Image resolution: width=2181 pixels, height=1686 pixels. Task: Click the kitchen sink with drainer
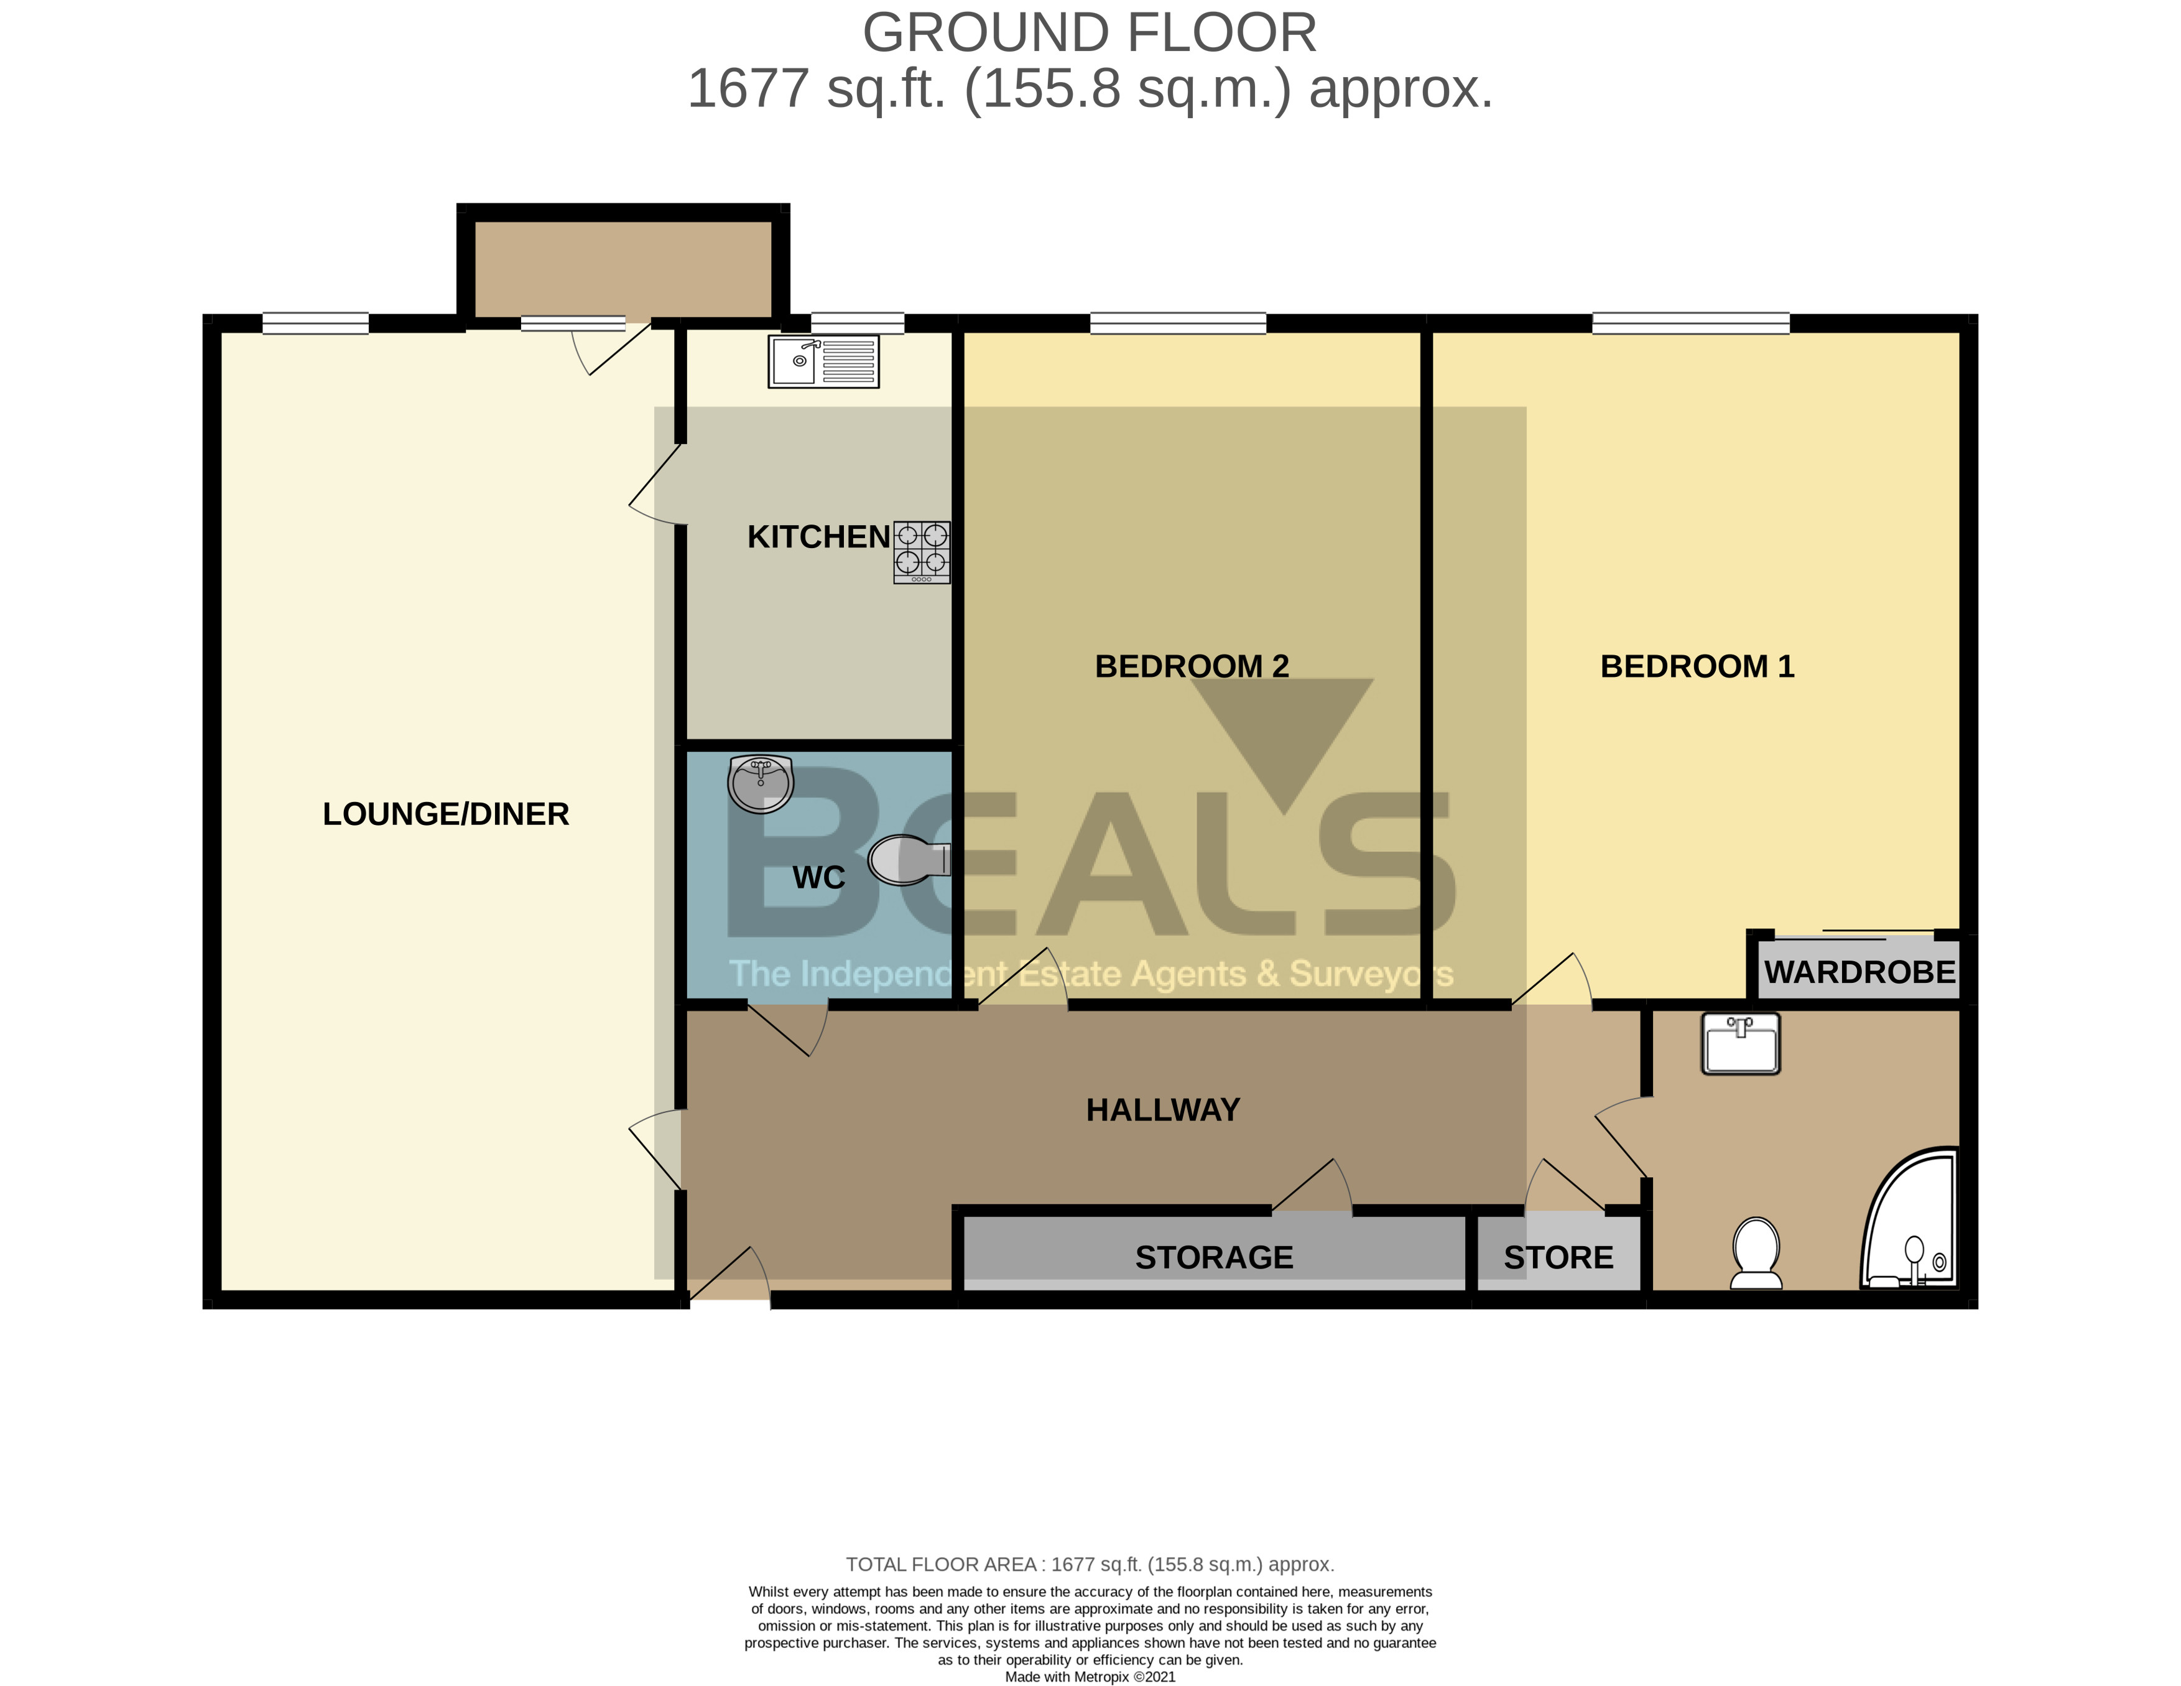point(823,361)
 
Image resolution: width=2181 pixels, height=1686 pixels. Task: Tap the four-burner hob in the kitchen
point(921,552)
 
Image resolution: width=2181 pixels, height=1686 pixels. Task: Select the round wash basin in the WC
point(761,784)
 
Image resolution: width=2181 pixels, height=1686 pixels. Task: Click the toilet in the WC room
point(907,861)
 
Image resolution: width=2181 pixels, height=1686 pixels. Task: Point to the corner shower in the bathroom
point(1911,1221)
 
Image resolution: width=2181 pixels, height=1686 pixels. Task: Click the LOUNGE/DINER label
point(445,814)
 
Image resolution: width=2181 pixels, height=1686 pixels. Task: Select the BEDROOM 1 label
point(1697,666)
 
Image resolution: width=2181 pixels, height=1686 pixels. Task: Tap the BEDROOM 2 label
point(1192,666)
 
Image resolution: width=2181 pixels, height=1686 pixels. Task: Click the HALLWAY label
point(1162,1110)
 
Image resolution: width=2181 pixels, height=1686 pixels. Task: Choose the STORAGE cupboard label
point(1213,1257)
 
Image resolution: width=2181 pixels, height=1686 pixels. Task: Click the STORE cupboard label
point(1558,1257)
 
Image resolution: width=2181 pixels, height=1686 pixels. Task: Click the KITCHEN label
point(818,538)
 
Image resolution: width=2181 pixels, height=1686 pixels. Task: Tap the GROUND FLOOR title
point(1090,33)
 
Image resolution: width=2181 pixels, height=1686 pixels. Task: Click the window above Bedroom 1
point(1691,324)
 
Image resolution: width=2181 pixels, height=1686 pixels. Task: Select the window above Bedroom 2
point(1177,324)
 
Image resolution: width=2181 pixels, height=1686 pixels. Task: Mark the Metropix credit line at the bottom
point(1090,1677)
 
